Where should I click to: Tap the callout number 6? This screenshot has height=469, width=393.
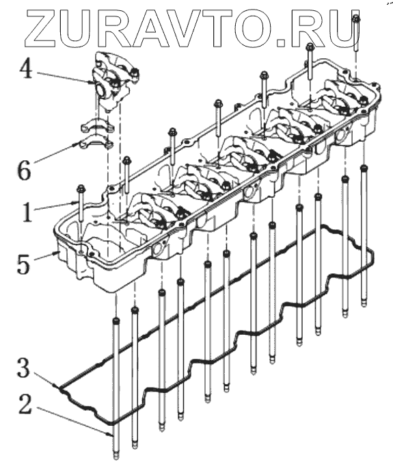[x=24, y=170]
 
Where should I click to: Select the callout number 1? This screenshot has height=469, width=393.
[x=27, y=212]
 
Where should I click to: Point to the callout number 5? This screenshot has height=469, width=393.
[x=24, y=264]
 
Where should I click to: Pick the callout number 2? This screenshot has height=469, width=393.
[x=25, y=404]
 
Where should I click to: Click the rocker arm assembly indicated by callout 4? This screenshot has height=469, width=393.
[x=113, y=80]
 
